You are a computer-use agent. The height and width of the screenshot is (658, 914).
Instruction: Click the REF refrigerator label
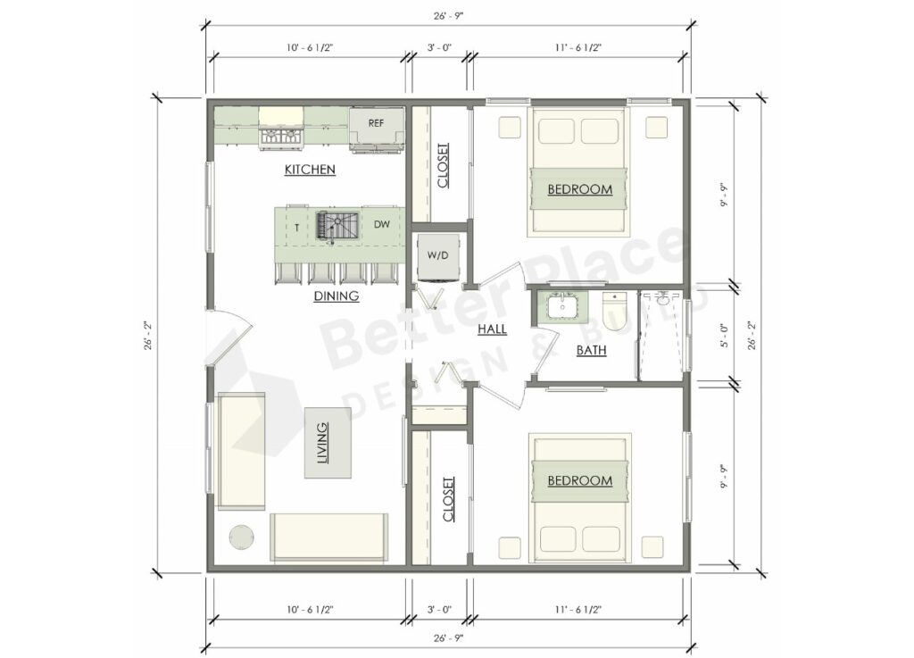pyautogui.click(x=376, y=123)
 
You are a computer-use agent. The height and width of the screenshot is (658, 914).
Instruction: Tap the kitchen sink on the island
pyautogui.click(x=337, y=226)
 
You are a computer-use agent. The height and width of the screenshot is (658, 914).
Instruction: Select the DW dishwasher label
pyautogui.click(x=381, y=225)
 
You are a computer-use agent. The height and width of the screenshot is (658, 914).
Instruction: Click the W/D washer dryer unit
pyautogui.click(x=437, y=254)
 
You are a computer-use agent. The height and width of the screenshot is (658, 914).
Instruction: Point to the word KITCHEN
pyautogui.click(x=310, y=169)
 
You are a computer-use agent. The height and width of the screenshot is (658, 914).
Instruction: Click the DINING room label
pyautogui.click(x=336, y=296)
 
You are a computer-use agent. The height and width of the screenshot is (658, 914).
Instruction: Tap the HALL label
pyautogui.click(x=492, y=329)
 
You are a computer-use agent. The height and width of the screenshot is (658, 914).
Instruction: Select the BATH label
pyautogui.click(x=591, y=351)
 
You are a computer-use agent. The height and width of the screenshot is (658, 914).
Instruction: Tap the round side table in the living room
pyautogui.click(x=242, y=537)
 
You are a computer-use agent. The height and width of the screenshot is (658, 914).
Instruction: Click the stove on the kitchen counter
pyautogui.click(x=280, y=136)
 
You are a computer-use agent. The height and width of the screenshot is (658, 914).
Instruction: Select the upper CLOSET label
pyautogui.click(x=444, y=165)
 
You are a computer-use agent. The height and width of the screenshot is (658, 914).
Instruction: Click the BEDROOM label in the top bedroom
pyautogui.click(x=579, y=189)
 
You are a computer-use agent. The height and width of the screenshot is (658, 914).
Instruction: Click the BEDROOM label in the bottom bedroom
pyautogui.click(x=579, y=480)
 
